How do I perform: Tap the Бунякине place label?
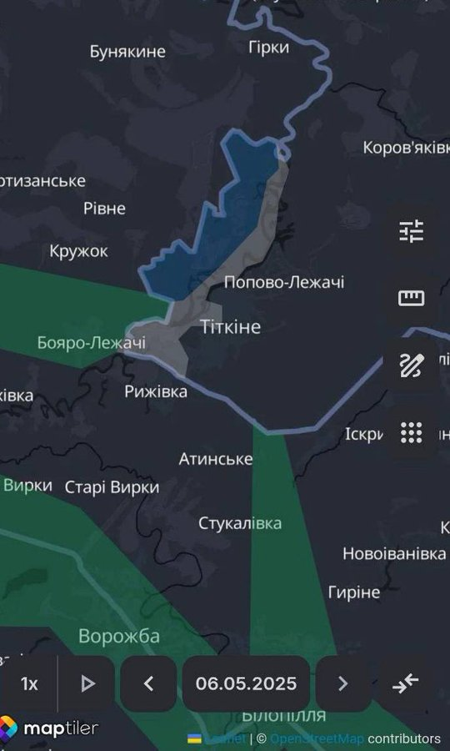[x=128, y=52]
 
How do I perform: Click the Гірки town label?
[x=269, y=47]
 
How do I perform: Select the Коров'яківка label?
[x=406, y=148]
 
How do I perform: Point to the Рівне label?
[x=104, y=208]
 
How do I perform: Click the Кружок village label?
[x=78, y=250]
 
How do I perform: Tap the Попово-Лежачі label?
[x=284, y=283]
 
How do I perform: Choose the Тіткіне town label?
[x=231, y=326]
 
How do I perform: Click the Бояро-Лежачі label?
[x=92, y=342]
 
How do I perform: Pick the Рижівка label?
[x=156, y=391]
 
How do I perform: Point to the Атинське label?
[x=216, y=459]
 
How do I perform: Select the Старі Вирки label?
[x=112, y=486]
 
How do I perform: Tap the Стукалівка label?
[x=240, y=523]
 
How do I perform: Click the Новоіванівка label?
[x=395, y=554]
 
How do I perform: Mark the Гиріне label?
[x=353, y=592]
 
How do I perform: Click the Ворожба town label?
[x=119, y=637]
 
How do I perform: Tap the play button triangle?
[x=87, y=683]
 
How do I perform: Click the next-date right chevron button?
[x=342, y=683]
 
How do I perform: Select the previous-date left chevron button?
[x=148, y=683]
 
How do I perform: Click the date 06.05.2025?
[x=246, y=683]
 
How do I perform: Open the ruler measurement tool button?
[x=411, y=298]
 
